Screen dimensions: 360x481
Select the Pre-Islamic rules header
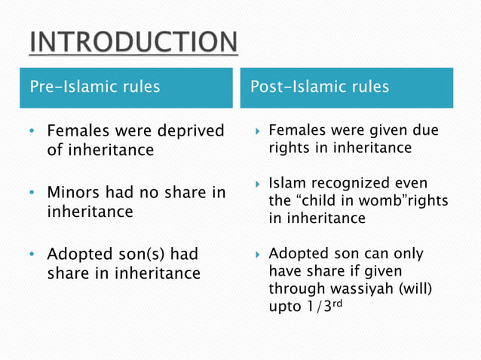[94, 87]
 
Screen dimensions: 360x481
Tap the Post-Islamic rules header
[320, 87]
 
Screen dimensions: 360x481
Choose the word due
[425, 131]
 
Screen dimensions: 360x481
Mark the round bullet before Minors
[32, 194]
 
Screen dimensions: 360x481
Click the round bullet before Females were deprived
[32, 133]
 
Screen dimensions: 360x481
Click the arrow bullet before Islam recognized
[257, 185]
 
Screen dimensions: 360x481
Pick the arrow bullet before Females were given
[257, 131]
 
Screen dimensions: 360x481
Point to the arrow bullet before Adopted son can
[257, 253]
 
